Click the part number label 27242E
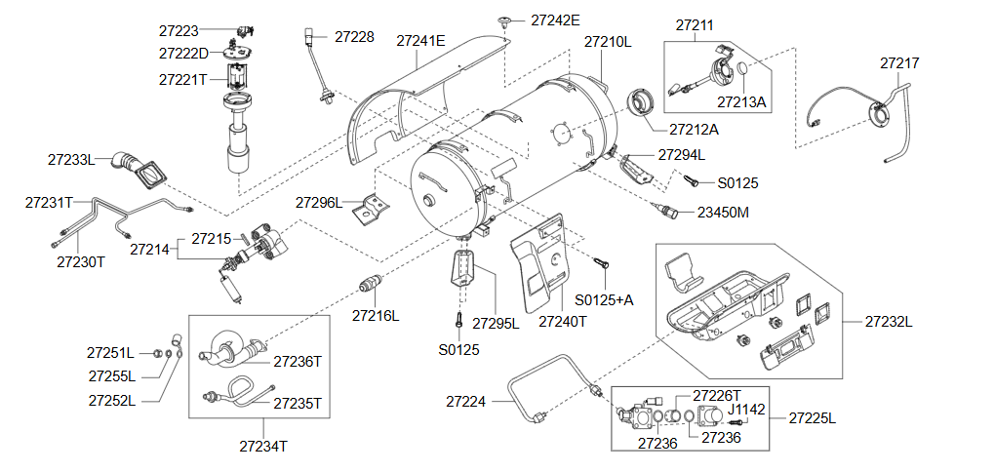click(x=555, y=20)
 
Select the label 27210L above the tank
click(x=608, y=42)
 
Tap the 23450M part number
click(x=723, y=213)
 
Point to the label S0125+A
click(x=604, y=300)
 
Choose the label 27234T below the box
click(x=263, y=446)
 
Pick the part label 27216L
click(x=376, y=315)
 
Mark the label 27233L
click(x=71, y=160)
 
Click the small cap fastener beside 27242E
click(x=505, y=20)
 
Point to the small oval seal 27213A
click(x=742, y=69)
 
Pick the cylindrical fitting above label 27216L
click(x=370, y=283)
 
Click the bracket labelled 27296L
click(x=371, y=208)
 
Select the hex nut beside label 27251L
click(x=156, y=353)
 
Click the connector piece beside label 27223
click(x=244, y=30)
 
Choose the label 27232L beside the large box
click(x=889, y=322)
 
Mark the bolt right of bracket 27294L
click(x=693, y=180)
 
